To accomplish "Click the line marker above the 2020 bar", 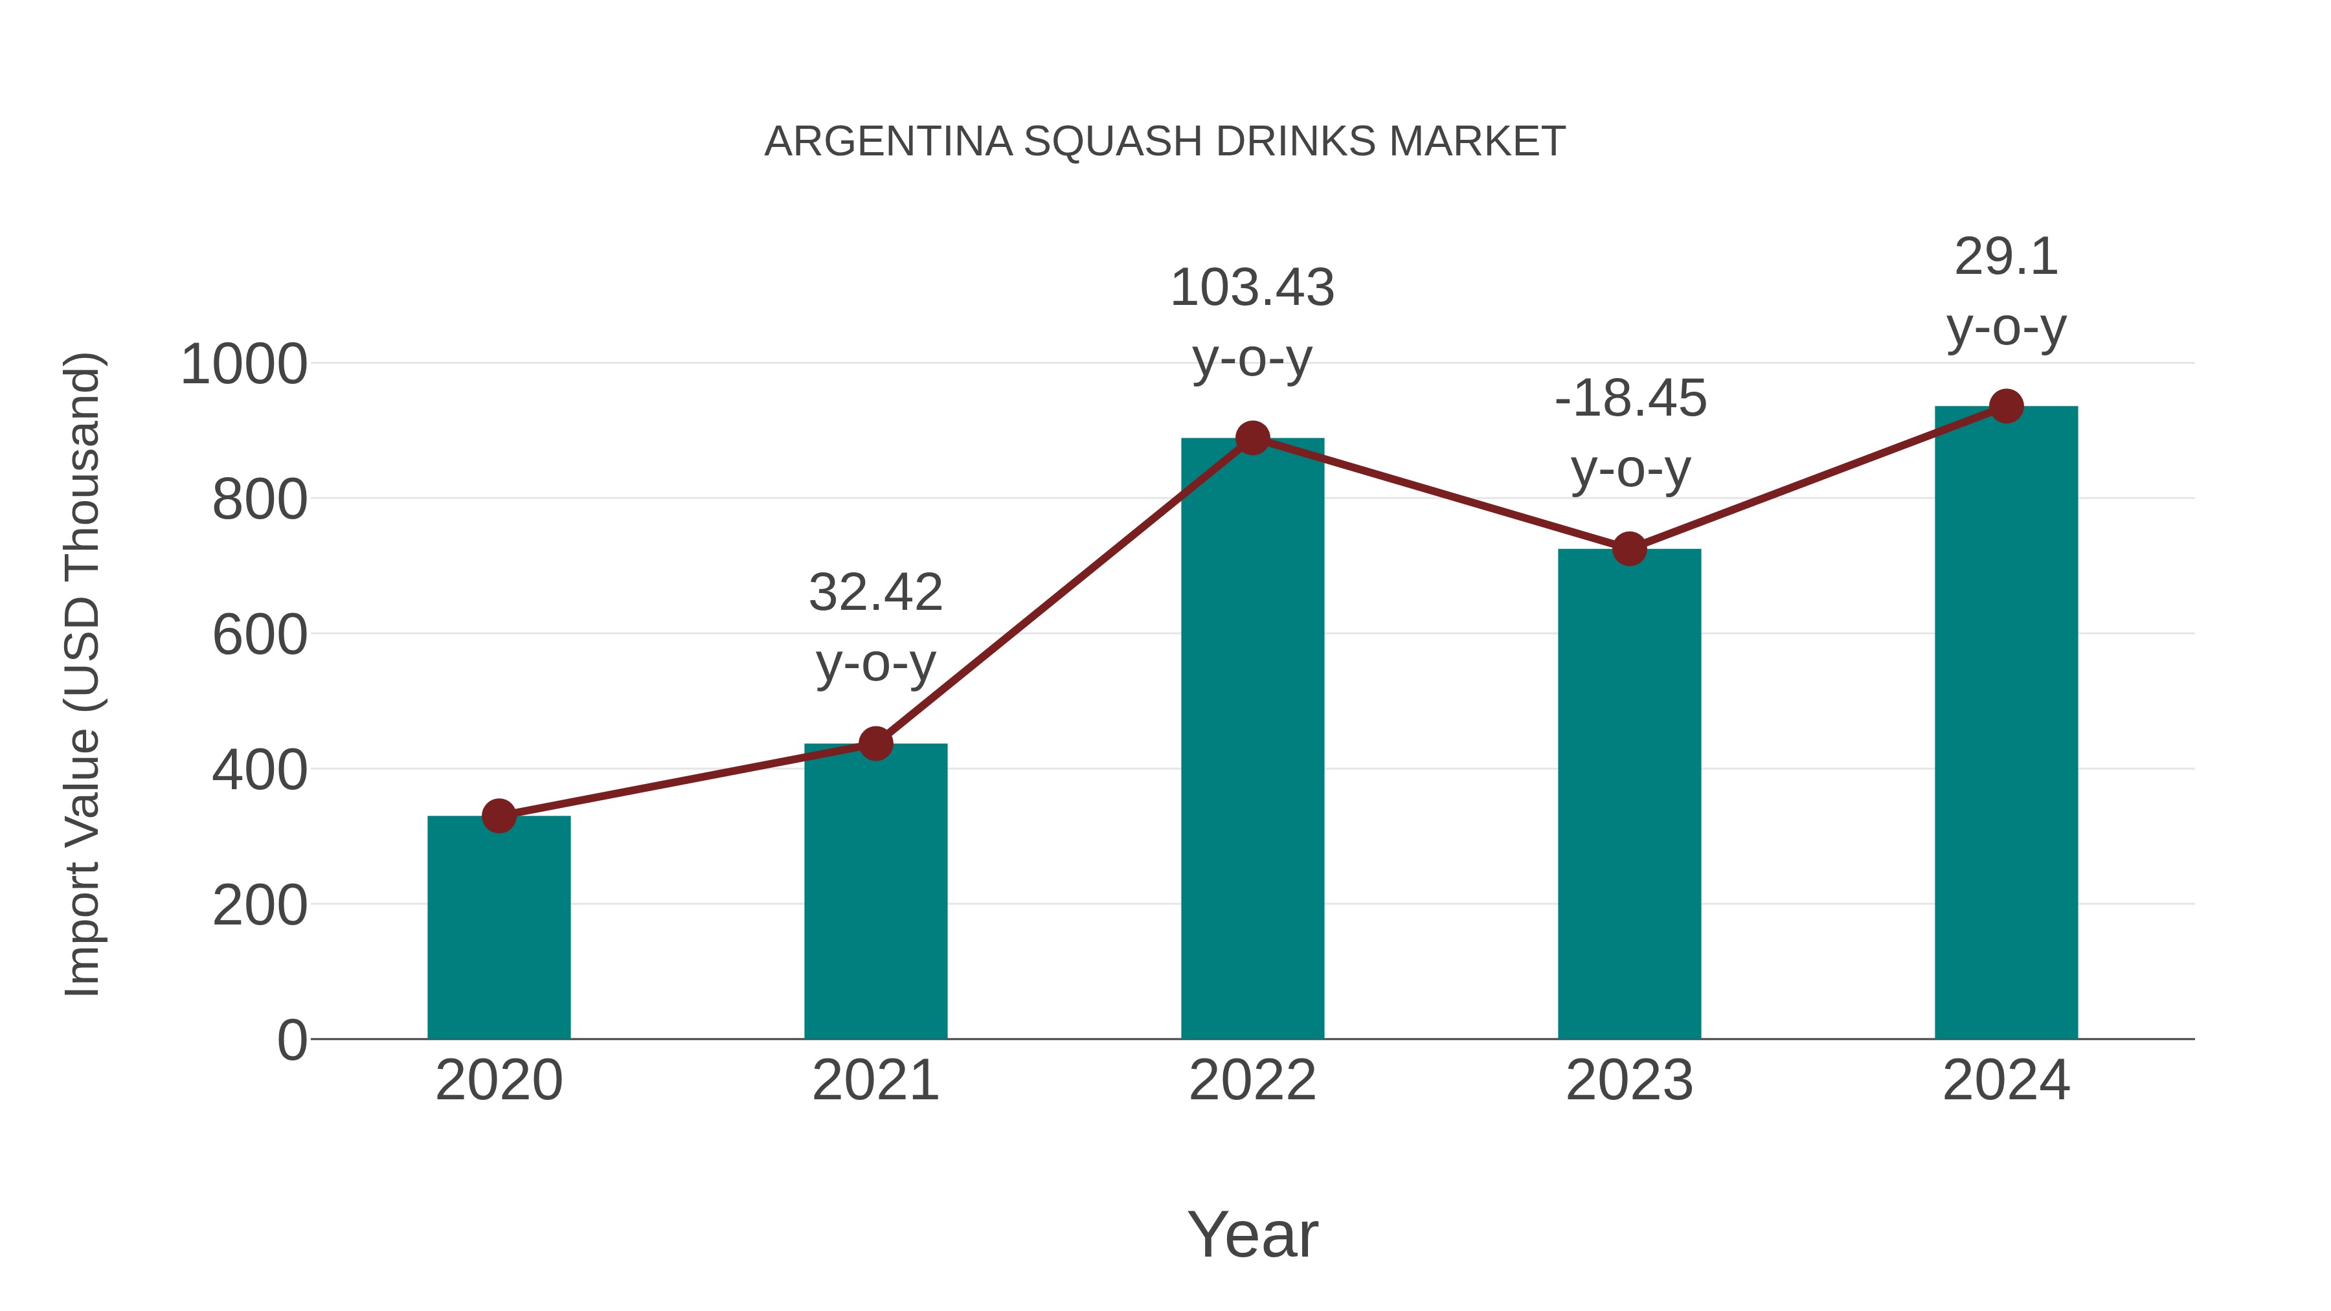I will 499,816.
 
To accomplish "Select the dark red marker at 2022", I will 1252,439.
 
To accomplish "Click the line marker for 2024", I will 2006,406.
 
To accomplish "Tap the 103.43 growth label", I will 1252,289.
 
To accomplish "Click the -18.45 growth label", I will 1630,399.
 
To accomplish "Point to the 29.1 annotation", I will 2006,258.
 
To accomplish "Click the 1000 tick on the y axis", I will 243,366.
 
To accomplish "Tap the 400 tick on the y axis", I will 260,771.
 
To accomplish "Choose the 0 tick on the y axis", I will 291,1040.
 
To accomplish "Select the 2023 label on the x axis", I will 1629,1081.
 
